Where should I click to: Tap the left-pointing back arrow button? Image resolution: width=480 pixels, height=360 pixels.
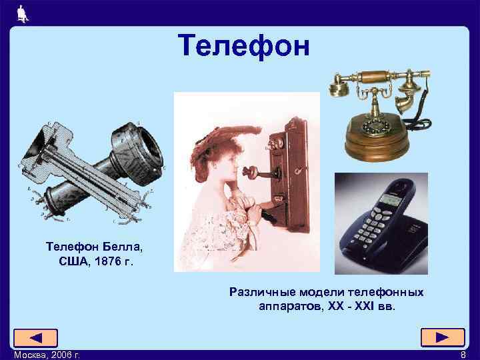(x=35, y=338)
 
